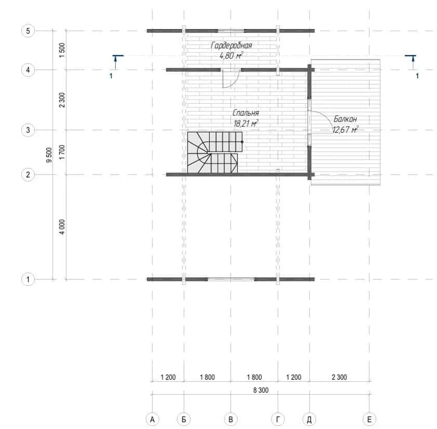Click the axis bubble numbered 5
(28, 31)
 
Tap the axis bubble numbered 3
(28, 130)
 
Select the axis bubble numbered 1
(28, 279)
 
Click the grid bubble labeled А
(152, 419)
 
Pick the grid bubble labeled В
(231, 419)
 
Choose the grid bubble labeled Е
(369, 419)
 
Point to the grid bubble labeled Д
(309, 419)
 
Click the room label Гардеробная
(231, 45)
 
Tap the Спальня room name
(246, 113)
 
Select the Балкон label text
(345, 119)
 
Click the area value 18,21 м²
(246, 124)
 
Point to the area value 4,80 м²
(231, 56)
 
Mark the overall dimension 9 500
(49, 155)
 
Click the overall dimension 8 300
(261, 390)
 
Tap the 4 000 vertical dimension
(62, 227)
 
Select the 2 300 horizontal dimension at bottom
(339, 377)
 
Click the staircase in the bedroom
(215, 153)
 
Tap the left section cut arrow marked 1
(116, 62)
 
